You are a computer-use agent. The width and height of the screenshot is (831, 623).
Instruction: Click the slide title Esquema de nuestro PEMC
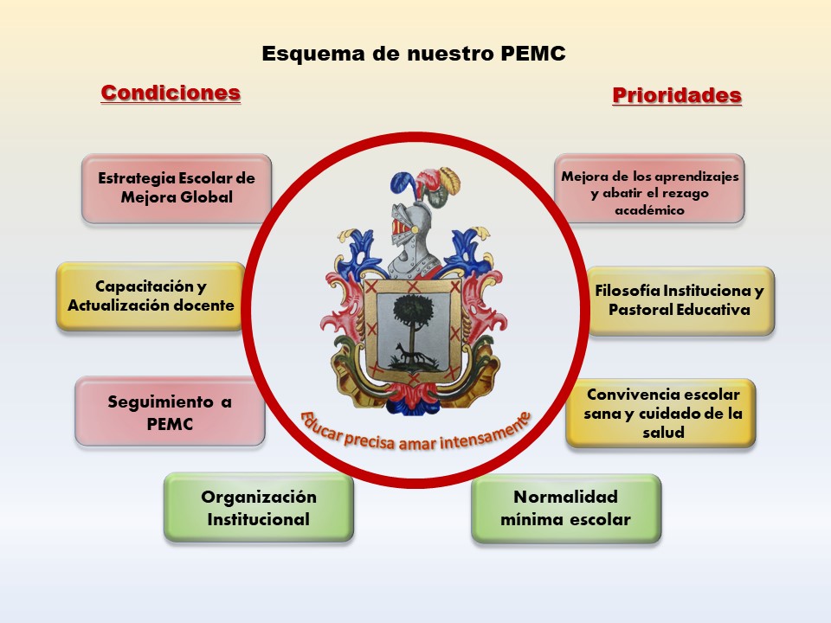pos(414,54)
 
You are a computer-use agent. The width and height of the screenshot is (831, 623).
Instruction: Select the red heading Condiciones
pos(171,93)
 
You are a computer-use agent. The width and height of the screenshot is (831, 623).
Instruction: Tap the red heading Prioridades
pos(677,95)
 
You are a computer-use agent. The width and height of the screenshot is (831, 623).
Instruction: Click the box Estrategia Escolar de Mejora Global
pos(177,188)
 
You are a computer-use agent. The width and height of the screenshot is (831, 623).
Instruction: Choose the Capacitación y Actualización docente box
pos(151,296)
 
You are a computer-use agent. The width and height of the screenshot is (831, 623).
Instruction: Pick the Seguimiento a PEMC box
pos(170,412)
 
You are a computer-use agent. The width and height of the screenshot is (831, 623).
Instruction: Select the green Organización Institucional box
pos(259,508)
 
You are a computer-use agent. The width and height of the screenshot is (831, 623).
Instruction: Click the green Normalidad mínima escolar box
pos(566,509)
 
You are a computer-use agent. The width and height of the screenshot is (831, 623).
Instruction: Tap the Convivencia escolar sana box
pos(660,414)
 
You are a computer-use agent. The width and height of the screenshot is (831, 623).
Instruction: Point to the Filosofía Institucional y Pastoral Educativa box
pos(681,300)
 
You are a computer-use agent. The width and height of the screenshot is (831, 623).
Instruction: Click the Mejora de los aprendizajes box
pos(650,188)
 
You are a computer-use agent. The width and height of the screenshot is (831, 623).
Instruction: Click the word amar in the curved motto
pos(417,443)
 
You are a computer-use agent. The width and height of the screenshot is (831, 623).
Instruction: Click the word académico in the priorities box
pos(650,210)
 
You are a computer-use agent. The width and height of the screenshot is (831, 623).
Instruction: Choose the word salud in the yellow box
pos(664,433)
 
